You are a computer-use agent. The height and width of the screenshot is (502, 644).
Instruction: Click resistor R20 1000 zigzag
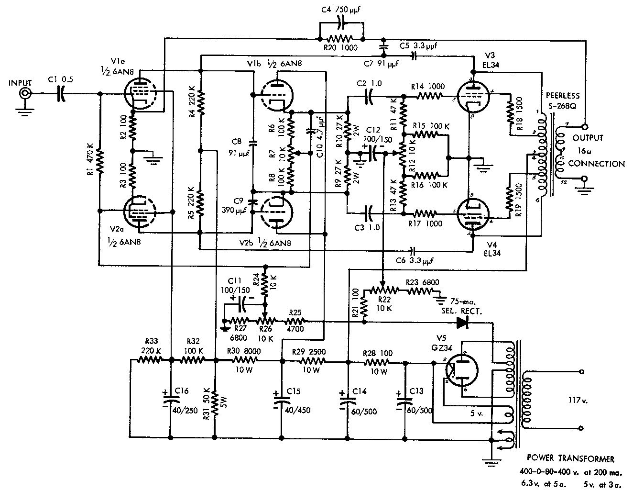click(341, 39)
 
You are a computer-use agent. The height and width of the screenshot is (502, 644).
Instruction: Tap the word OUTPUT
click(588, 138)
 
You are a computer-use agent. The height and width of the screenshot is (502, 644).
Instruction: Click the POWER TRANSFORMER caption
click(570, 459)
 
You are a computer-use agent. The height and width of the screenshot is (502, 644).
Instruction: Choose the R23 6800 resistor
click(421, 290)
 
